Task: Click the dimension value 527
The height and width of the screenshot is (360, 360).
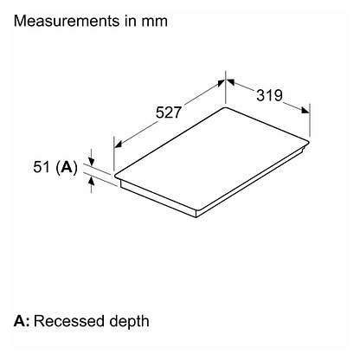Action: (169, 112)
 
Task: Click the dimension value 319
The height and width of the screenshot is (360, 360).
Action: (270, 95)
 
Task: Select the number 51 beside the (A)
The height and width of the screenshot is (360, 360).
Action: (42, 167)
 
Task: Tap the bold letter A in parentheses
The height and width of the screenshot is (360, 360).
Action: (67, 167)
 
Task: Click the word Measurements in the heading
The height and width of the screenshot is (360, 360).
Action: (67, 21)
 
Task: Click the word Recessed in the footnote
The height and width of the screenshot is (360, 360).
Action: (69, 321)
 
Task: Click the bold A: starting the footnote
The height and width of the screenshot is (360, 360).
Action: (22, 321)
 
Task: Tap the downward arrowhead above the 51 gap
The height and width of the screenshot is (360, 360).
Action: (91, 162)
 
